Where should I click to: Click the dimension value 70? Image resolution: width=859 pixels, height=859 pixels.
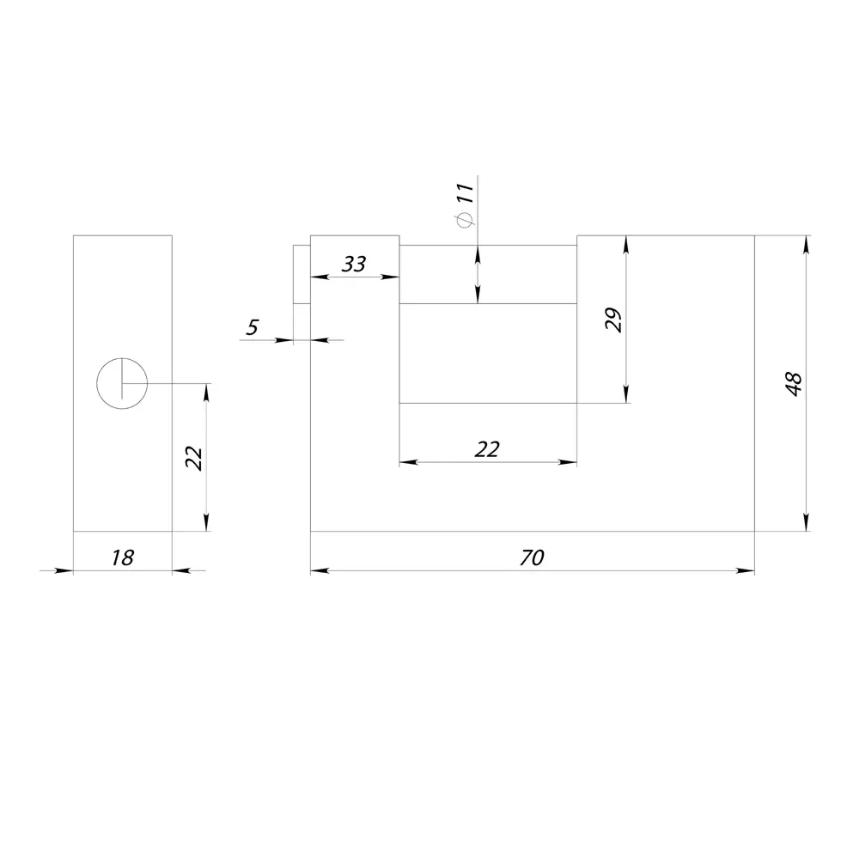coord(532,557)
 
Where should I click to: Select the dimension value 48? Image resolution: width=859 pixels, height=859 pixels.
coord(794,383)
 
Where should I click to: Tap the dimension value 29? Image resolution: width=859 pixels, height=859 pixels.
coord(613,320)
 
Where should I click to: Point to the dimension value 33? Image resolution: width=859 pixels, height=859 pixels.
coord(353,264)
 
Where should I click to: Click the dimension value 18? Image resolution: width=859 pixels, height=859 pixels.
coord(122,557)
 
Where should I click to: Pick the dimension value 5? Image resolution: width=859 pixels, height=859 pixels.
coord(252,327)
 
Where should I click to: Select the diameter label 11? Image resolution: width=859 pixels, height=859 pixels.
coord(465,192)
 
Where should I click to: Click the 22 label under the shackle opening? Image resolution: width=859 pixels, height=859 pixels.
coord(487,449)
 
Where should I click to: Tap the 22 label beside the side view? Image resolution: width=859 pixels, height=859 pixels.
coord(194,459)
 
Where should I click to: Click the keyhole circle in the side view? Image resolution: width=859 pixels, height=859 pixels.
coord(122,357)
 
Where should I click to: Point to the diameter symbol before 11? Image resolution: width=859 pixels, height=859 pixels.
coord(465,220)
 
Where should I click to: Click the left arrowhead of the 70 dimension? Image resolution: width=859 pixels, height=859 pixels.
coord(320,571)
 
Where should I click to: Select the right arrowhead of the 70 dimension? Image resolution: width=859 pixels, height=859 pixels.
coord(745,571)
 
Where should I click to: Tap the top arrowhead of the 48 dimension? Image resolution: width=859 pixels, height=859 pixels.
coord(806,245)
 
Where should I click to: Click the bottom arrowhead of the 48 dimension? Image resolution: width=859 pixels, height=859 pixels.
coord(806,521)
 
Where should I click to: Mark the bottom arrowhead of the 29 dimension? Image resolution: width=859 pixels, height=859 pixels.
coord(626,394)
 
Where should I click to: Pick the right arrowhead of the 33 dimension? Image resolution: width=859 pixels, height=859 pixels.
coord(390,277)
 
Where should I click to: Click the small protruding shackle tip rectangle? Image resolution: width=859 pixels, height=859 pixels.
coord(302,274)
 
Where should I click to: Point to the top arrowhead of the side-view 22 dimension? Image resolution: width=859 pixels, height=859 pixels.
coord(206,393)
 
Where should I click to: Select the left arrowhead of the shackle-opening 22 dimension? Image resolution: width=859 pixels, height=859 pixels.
coord(409,462)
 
